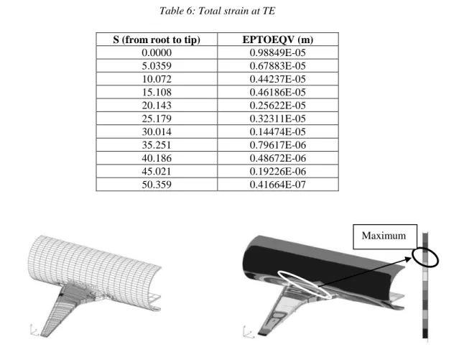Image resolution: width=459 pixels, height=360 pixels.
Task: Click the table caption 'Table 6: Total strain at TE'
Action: point(217,11)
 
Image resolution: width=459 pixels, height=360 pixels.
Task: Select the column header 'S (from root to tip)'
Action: point(157,40)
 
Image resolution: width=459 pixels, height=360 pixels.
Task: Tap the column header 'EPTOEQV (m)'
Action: point(278,40)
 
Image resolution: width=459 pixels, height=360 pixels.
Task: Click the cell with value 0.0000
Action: point(157,52)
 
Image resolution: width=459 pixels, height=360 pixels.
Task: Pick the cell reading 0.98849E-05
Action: point(278,52)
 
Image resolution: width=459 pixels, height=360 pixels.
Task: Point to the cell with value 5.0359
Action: point(157,66)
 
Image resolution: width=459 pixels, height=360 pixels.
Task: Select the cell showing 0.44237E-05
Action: point(278,79)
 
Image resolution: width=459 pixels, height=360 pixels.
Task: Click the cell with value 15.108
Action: point(157,92)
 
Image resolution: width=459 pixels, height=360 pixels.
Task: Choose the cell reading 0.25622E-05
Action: point(278,106)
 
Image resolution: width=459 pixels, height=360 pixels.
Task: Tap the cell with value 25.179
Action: point(157,119)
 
